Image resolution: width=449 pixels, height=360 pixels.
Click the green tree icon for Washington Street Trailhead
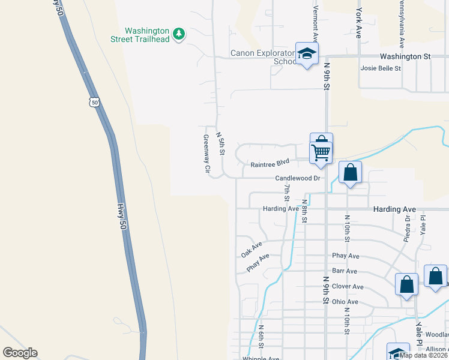tap(178, 35)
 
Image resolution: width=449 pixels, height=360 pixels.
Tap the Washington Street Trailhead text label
tap(148, 35)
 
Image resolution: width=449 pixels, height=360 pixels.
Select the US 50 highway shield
tap(94, 102)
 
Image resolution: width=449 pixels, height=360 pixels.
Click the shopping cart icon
tap(321, 153)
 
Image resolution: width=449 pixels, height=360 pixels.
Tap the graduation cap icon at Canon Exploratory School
tap(307, 54)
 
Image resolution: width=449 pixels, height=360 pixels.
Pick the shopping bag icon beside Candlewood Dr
tap(351, 173)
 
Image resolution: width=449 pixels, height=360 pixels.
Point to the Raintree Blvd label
tap(270, 163)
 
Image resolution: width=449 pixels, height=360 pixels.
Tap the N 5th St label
tap(220, 144)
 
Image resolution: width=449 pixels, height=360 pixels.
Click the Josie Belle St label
tap(381, 68)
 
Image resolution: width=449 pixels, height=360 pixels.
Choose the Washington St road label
tap(401, 56)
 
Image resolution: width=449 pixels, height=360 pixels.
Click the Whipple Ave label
tap(261, 359)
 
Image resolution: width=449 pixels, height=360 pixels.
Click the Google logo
tap(20, 353)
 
